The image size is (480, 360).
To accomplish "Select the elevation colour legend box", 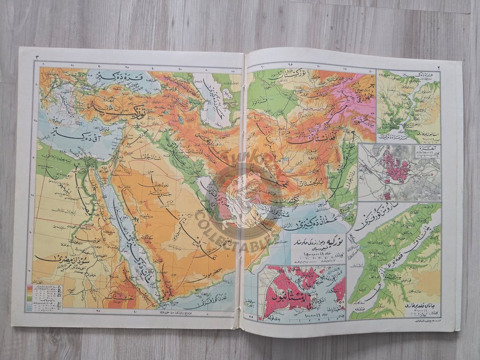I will click(x=45, y=297).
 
